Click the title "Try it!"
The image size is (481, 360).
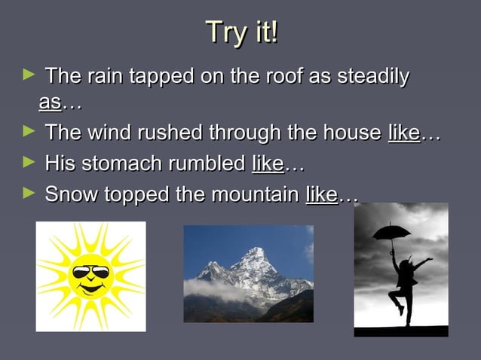[x=241, y=32]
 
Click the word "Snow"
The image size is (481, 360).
[x=69, y=194]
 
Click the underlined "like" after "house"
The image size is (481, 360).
[x=403, y=134]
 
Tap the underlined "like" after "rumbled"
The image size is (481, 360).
[x=268, y=163]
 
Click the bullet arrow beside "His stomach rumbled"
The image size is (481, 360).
[x=29, y=162]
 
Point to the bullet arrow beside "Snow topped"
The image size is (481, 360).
[x=29, y=193]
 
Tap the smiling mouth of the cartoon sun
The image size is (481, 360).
[x=90, y=288]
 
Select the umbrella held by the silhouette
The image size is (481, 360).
[x=392, y=232]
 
